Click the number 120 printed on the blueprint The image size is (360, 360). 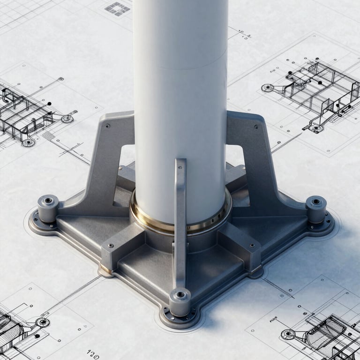coord(93,352)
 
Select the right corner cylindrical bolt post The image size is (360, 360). coord(316,209)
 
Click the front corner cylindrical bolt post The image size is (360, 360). coord(180,301)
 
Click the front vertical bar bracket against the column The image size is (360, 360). coord(180,220)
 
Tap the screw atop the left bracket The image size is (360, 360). coord(108,126)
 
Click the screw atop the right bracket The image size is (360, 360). coord(256,126)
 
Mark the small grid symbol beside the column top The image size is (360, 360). coord(117,8)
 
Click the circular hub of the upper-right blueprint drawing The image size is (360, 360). coord(268,88)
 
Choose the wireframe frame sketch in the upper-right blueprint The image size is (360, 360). coord(319,89)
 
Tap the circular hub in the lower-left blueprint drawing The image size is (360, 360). coord(43,322)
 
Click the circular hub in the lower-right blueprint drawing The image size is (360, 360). coord(288,334)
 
